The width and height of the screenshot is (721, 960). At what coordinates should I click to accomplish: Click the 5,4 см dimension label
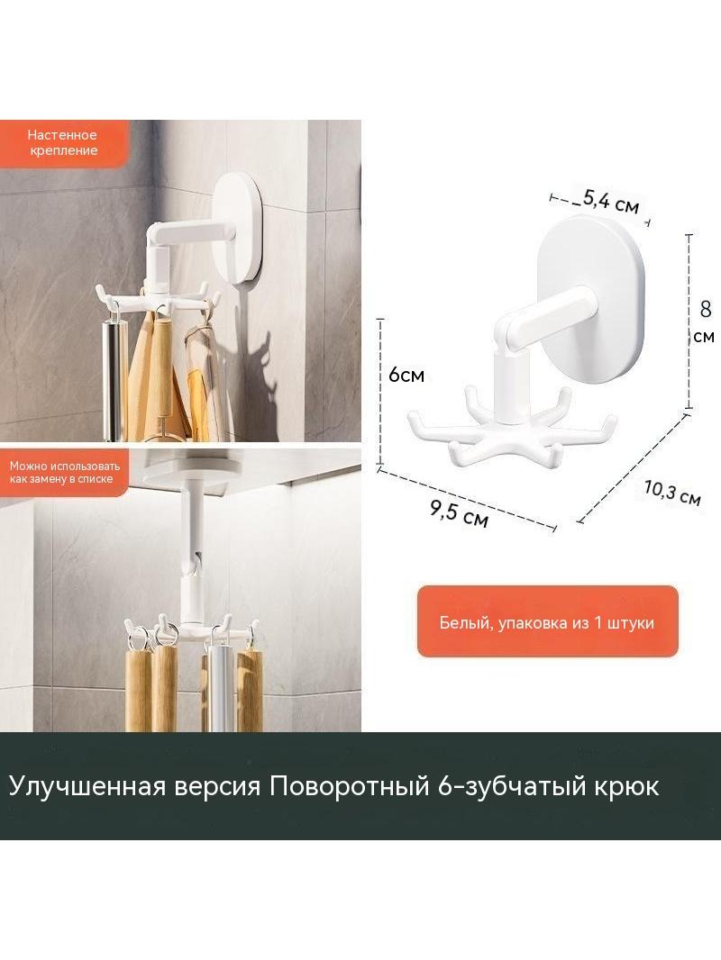tap(611, 201)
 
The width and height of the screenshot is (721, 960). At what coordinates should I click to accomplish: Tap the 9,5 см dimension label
tap(459, 513)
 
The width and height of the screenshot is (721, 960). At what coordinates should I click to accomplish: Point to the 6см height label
tap(406, 375)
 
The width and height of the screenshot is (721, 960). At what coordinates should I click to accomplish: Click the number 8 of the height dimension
tap(706, 309)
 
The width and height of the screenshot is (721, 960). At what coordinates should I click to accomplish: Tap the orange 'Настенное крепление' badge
tap(64, 143)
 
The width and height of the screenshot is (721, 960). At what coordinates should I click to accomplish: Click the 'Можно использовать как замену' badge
tap(64, 472)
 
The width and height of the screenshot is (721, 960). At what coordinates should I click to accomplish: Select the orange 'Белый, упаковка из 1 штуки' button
tap(548, 621)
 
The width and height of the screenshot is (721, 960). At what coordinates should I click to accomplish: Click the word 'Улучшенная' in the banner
tap(87, 785)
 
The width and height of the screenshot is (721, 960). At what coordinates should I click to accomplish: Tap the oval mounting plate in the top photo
tap(239, 228)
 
